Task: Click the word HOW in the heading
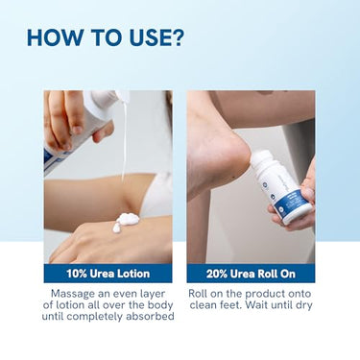(x=55, y=37)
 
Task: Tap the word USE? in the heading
(x=156, y=37)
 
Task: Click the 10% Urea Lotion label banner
(x=108, y=274)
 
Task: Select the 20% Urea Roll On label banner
(x=251, y=274)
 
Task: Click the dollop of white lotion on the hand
(x=126, y=222)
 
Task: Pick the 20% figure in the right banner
(x=217, y=274)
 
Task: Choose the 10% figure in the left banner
(x=77, y=274)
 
